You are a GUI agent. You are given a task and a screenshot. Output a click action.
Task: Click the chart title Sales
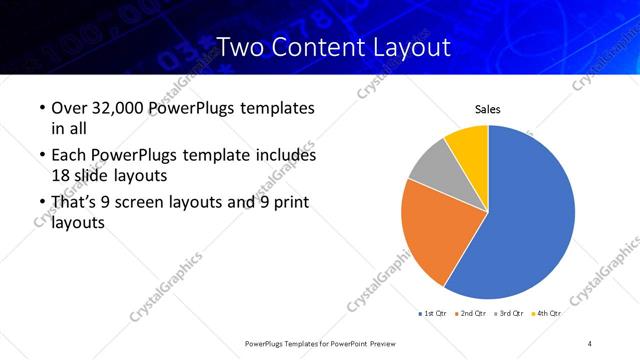pyautogui.click(x=487, y=110)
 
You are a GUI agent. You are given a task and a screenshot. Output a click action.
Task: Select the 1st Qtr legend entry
pyautogui.click(x=433, y=314)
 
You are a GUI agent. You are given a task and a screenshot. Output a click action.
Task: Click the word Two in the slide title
pyautogui.click(x=240, y=46)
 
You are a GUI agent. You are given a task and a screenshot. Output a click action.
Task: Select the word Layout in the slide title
pyautogui.click(x=406, y=46)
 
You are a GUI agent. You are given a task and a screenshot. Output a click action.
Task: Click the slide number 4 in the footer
pyautogui.click(x=590, y=343)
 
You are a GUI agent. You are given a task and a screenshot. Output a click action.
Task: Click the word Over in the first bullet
pyautogui.click(x=68, y=108)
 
